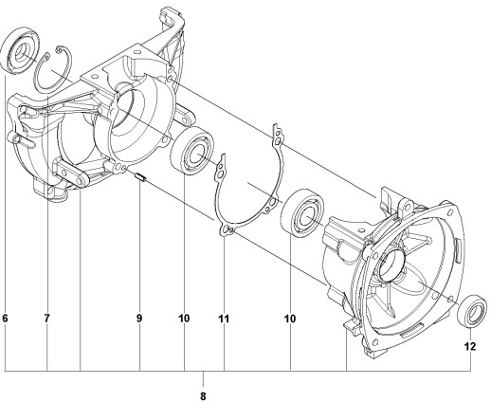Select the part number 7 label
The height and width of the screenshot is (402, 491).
pos(46,320)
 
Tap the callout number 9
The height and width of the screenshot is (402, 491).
pos(138,320)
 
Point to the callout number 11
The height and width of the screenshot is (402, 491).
pos(225,320)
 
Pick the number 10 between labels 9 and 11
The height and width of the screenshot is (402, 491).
pos(184,320)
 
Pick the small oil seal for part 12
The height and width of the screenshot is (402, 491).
pos(472,310)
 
